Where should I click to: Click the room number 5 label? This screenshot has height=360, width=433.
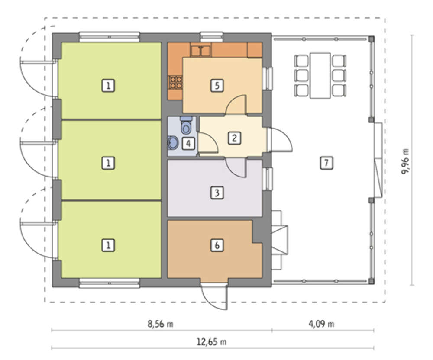[217, 86]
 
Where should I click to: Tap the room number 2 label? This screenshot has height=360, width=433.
[234, 138]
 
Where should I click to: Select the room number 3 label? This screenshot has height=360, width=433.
[217, 193]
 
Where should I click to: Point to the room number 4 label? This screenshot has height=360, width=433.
[188, 144]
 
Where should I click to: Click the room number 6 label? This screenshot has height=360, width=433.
[217, 245]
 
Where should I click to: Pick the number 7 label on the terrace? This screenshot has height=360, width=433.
[326, 163]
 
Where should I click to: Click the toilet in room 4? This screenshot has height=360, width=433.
[186, 125]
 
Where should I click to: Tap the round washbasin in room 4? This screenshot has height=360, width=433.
[173, 142]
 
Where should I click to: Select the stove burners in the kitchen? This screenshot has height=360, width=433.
[175, 83]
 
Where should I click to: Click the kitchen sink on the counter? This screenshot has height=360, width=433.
[201, 51]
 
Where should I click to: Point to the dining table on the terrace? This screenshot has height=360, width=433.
[320, 76]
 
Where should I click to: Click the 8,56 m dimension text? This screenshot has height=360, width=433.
[160, 324]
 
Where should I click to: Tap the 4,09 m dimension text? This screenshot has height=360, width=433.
[321, 324]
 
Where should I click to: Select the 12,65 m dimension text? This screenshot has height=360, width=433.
[212, 342]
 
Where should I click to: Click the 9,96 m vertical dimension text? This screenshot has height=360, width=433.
[405, 161]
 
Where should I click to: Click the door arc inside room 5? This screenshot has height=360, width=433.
[236, 104]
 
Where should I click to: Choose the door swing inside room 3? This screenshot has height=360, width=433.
[236, 168]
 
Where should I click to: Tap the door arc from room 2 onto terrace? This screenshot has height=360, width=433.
[281, 140]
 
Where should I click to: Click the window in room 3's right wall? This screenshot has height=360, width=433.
[267, 179]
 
